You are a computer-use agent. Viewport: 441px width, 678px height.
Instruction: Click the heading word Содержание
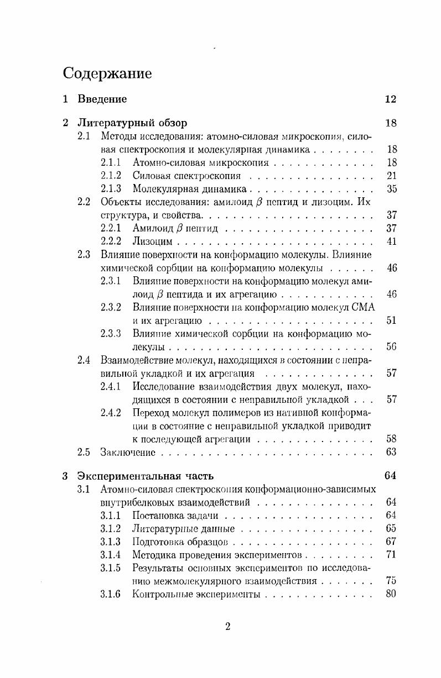[107, 73]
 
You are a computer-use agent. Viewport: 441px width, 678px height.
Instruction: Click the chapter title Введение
[102, 99]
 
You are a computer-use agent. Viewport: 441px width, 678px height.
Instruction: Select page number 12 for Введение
[391, 99]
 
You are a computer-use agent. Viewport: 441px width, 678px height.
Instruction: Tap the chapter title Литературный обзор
[132, 123]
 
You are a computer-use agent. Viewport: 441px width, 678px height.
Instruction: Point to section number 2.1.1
[111, 162]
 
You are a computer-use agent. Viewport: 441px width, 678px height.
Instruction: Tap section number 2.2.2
[111, 241]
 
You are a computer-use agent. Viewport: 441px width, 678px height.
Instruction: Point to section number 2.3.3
[111, 334]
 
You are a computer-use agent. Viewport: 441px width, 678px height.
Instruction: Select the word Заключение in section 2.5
[127, 453]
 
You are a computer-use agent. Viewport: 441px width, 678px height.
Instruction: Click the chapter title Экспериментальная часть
[146, 476]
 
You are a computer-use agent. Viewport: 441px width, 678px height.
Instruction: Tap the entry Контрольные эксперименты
[196, 595]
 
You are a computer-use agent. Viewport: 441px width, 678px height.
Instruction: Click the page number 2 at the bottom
[227, 626]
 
